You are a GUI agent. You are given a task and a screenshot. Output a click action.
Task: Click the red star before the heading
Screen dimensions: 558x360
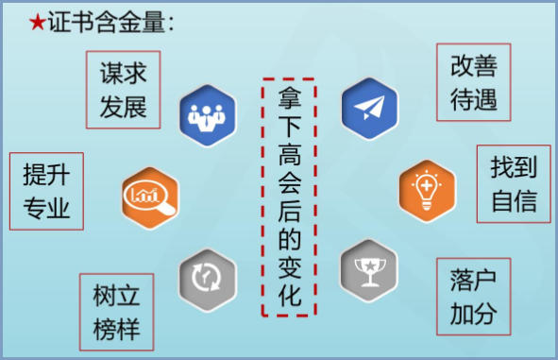pos(37,24)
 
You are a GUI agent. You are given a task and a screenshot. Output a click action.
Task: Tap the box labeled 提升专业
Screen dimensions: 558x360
pos(46,190)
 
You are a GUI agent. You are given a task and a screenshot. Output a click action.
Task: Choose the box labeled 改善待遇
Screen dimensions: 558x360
pos(473,81)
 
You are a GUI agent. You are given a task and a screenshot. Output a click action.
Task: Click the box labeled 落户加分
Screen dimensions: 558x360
pos(473,295)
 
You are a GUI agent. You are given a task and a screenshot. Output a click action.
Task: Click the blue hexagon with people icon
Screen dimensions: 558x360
pos(205,116)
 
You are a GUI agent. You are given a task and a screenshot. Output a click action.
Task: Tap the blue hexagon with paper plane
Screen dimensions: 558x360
pos(368,107)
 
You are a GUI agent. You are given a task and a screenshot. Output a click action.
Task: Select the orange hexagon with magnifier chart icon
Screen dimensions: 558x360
pos(149,196)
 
